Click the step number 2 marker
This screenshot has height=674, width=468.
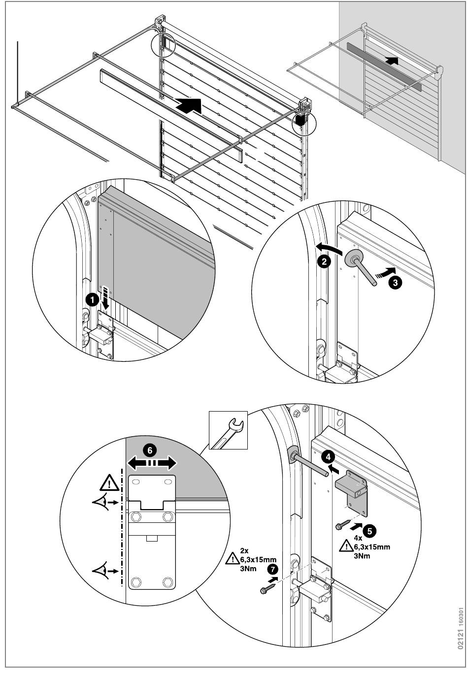323,261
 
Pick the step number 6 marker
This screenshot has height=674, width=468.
151,449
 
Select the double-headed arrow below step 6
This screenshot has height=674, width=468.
151,463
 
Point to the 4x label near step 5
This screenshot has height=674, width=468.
358,539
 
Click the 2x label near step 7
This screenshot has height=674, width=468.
244,550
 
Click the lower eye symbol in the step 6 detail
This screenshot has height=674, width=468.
103,571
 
